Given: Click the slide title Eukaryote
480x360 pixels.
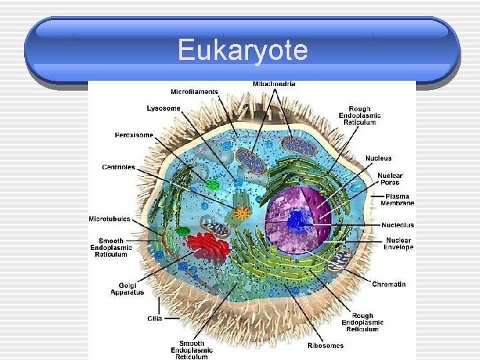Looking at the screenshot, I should pos(243,51).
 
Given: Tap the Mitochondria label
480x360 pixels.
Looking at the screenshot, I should pos(274,84).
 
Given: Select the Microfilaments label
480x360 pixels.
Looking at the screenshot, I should pos(194,91).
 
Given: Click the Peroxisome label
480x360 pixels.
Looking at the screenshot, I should pos(133,135).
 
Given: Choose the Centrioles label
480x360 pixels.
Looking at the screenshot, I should pos(118,167).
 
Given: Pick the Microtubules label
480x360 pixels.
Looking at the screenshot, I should pos(110,219).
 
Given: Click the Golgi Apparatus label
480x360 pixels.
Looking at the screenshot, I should pos(127,289).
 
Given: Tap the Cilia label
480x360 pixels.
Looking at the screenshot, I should pos(155,318).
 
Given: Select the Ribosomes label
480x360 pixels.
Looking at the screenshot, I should pos(325,345).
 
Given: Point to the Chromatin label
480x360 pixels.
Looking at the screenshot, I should pos(389,285).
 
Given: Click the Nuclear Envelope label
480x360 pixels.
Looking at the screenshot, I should pos(398,243).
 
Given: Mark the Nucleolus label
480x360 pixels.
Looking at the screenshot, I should pos(398,225).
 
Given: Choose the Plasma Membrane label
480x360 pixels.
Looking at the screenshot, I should pos(399,199).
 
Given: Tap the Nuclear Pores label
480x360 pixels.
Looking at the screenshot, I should pos(390,179).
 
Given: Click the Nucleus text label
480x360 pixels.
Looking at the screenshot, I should pos(379,158).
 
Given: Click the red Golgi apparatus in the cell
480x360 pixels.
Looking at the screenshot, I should pos(207,245).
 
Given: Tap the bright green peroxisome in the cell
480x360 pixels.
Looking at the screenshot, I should pos(212,185).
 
